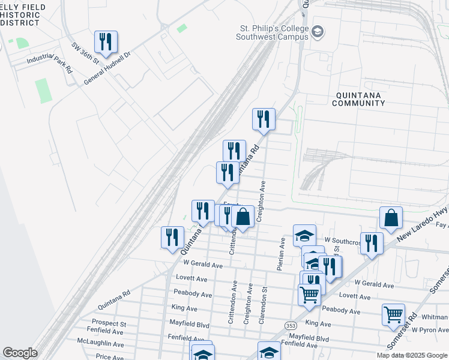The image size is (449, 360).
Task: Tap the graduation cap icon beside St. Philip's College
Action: [x=318, y=31]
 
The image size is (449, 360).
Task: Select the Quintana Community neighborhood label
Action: [x=360, y=99]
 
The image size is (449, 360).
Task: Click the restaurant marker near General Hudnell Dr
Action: [x=106, y=42]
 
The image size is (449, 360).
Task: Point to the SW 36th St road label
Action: [x=85, y=56]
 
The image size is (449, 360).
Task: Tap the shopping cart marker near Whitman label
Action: [x=393, y=314]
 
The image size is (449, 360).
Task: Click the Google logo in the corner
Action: [x=19, y=353]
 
